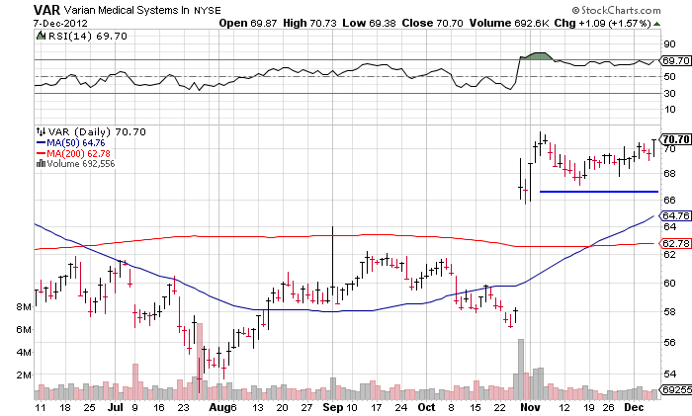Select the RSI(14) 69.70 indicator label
[x=77, y=36]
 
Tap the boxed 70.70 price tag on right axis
[x=675, y=139]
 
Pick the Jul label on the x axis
[x=115, y=406]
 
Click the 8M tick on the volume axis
[x=22, y=307]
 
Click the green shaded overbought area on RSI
[x=539, y=55]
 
